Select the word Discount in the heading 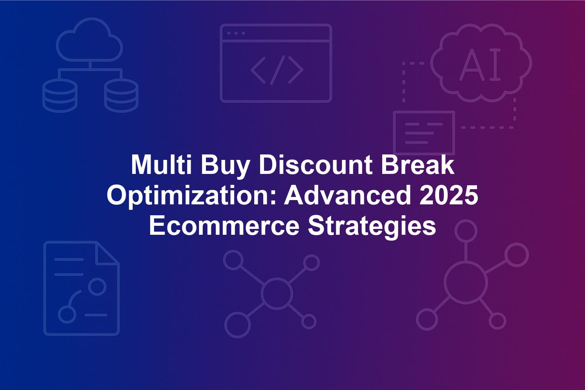coord(316,165)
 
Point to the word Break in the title coord(418,165)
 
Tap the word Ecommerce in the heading coord(224,226)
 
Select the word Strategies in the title coord(372,228)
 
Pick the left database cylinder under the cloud coord(60,95)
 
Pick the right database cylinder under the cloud coord(121,95)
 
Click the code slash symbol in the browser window coord(277,70)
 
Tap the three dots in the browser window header coord(236,33)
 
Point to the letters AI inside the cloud coord(480,64)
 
